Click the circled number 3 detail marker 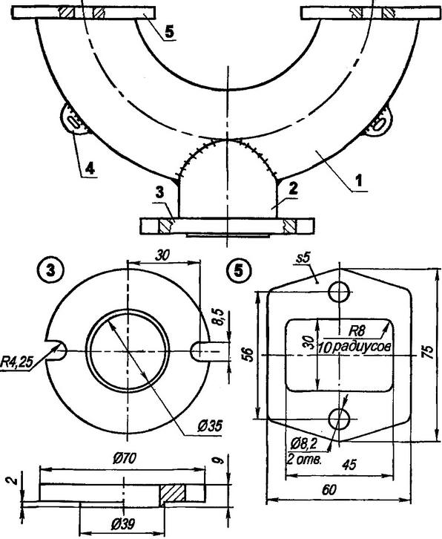coord(50,271)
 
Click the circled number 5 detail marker coord(238,271)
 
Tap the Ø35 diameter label coord(210,426)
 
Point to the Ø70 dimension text coord(125,458)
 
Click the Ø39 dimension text coord(123,525)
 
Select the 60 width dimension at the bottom coord(329,490)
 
